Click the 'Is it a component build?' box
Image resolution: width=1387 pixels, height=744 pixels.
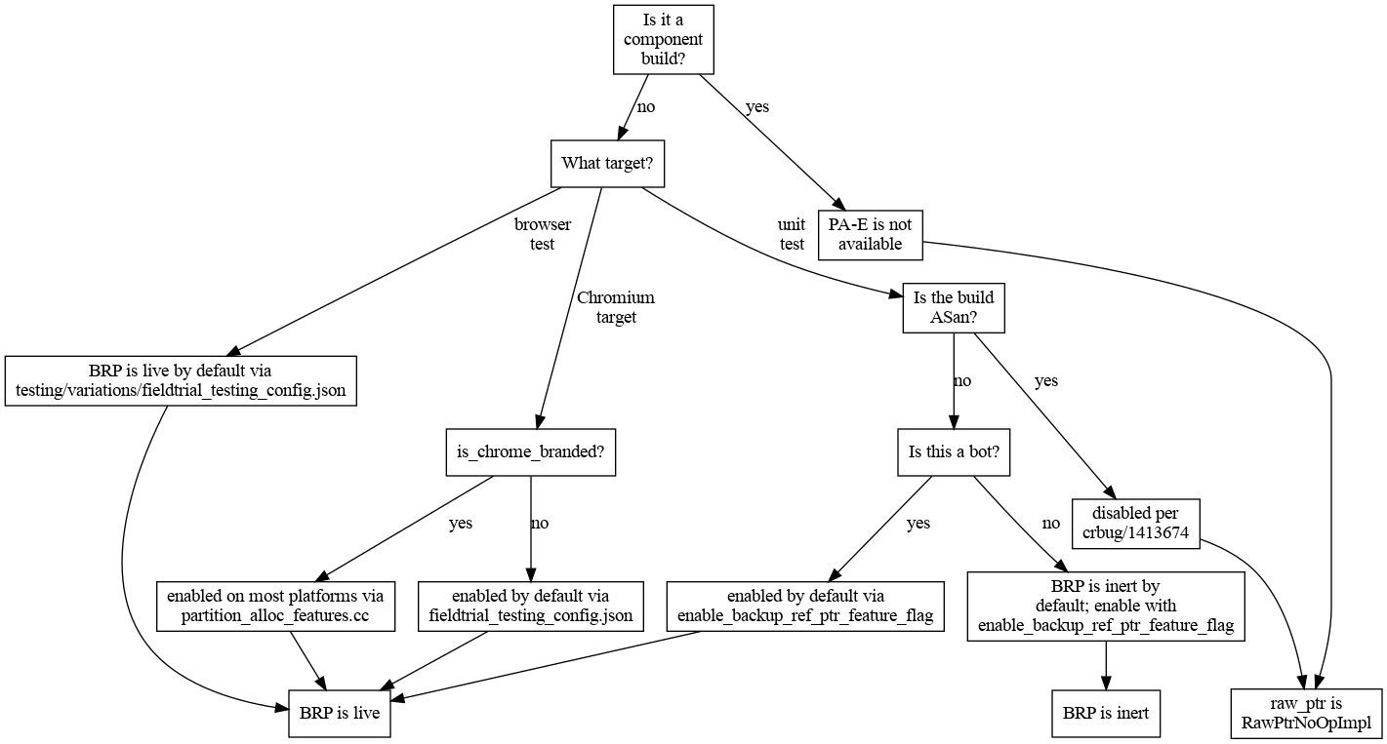663,39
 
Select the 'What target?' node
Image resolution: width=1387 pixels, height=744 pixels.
607,164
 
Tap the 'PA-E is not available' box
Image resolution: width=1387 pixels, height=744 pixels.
870,235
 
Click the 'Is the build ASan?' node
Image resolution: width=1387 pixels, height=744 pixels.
954,307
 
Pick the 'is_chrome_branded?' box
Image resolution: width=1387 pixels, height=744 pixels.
530,452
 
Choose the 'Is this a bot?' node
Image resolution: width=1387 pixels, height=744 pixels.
954,452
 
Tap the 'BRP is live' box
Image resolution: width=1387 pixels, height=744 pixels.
339,713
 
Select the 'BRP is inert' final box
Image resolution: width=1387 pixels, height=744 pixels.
1105,713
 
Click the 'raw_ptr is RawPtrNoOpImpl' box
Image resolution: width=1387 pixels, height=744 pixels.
1306,713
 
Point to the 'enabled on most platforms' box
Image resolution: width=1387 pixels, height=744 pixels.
275,606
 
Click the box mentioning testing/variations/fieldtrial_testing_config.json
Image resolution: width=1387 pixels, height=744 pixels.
181,380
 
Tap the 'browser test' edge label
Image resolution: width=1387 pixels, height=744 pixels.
543,234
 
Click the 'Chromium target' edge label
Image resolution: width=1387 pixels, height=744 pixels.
616,307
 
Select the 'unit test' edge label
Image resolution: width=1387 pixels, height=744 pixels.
792,234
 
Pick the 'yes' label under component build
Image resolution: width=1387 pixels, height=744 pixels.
756,107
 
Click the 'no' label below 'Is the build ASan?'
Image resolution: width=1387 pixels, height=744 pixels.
962,381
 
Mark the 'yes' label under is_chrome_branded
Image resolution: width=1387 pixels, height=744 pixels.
461,524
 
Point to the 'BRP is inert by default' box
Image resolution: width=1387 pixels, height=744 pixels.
1105,606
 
